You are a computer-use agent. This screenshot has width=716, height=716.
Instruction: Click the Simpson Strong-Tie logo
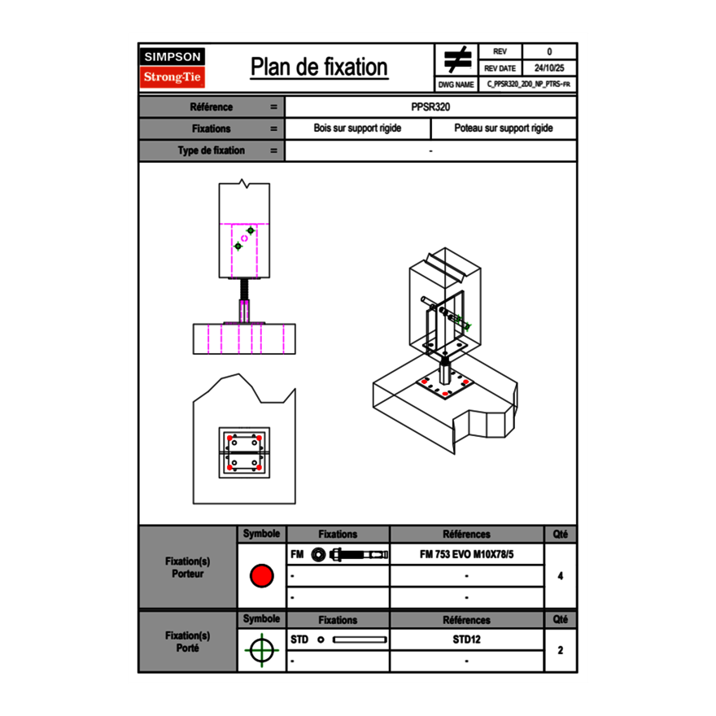coord(173,68)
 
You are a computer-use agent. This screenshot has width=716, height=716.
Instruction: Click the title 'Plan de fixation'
coord(319,68)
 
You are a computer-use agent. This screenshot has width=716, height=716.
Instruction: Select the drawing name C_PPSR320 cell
coord(528,84)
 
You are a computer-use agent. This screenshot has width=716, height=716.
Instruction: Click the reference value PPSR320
coord(430,107)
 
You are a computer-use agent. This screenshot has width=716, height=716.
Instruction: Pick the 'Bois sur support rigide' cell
coord(357,129)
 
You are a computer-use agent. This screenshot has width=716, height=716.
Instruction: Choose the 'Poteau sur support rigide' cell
coord(503,129)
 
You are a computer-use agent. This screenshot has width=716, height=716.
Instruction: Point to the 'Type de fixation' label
coord(212,151)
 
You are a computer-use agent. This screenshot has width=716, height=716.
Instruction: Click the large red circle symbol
coord(261,576)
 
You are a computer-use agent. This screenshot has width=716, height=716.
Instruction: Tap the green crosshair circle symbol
coord(260,650)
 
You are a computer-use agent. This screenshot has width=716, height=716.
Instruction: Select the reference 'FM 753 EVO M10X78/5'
coord(467,554)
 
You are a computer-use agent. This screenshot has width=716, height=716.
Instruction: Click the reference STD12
coord(467,640)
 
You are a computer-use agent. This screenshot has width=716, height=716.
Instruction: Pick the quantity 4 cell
coord(560,576)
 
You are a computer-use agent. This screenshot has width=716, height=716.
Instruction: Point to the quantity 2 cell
coord(560,650)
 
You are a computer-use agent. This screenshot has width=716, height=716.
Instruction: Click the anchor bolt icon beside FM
coord(348,554)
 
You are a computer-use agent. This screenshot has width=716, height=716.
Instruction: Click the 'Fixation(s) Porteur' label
coord(187,567)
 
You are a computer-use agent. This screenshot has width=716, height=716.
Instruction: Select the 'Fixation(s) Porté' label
coord(187,641)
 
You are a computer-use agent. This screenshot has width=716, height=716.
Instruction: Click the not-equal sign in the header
coord(457,60)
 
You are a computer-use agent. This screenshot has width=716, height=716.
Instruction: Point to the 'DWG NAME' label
coord(456,84)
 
